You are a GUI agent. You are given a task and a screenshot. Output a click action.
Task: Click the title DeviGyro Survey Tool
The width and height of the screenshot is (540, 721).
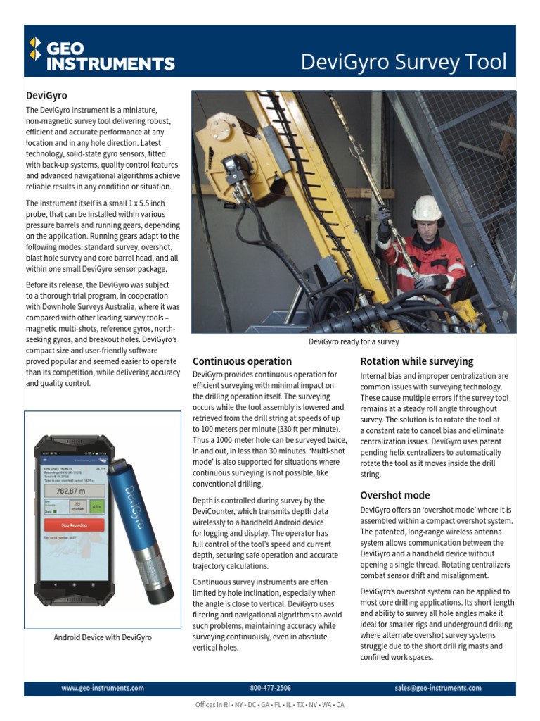tap(403, 62)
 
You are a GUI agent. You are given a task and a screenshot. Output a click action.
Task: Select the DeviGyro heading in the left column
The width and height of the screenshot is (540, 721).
tap(46, 95)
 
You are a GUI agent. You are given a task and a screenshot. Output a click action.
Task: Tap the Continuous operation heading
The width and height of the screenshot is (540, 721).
tap(242, 361)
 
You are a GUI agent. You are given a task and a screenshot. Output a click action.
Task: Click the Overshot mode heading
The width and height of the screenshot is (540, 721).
tap(394, 495)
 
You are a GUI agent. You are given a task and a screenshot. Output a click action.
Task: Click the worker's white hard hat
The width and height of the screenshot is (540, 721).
tap(426, 208)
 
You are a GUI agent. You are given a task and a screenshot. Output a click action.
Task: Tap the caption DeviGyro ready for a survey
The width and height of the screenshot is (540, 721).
tap(354, 342)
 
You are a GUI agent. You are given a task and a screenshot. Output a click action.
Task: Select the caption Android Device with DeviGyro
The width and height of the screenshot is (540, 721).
tap(103, 637)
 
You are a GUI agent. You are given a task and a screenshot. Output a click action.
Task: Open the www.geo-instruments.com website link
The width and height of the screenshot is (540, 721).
tap(103, 688)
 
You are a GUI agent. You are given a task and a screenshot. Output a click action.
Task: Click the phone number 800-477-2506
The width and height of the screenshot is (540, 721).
tap(270, 688)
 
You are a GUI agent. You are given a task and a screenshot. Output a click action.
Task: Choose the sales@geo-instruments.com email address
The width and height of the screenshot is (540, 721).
tap(438, 688)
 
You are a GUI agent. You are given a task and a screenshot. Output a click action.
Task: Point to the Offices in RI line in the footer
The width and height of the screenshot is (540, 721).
tap(270, 705)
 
